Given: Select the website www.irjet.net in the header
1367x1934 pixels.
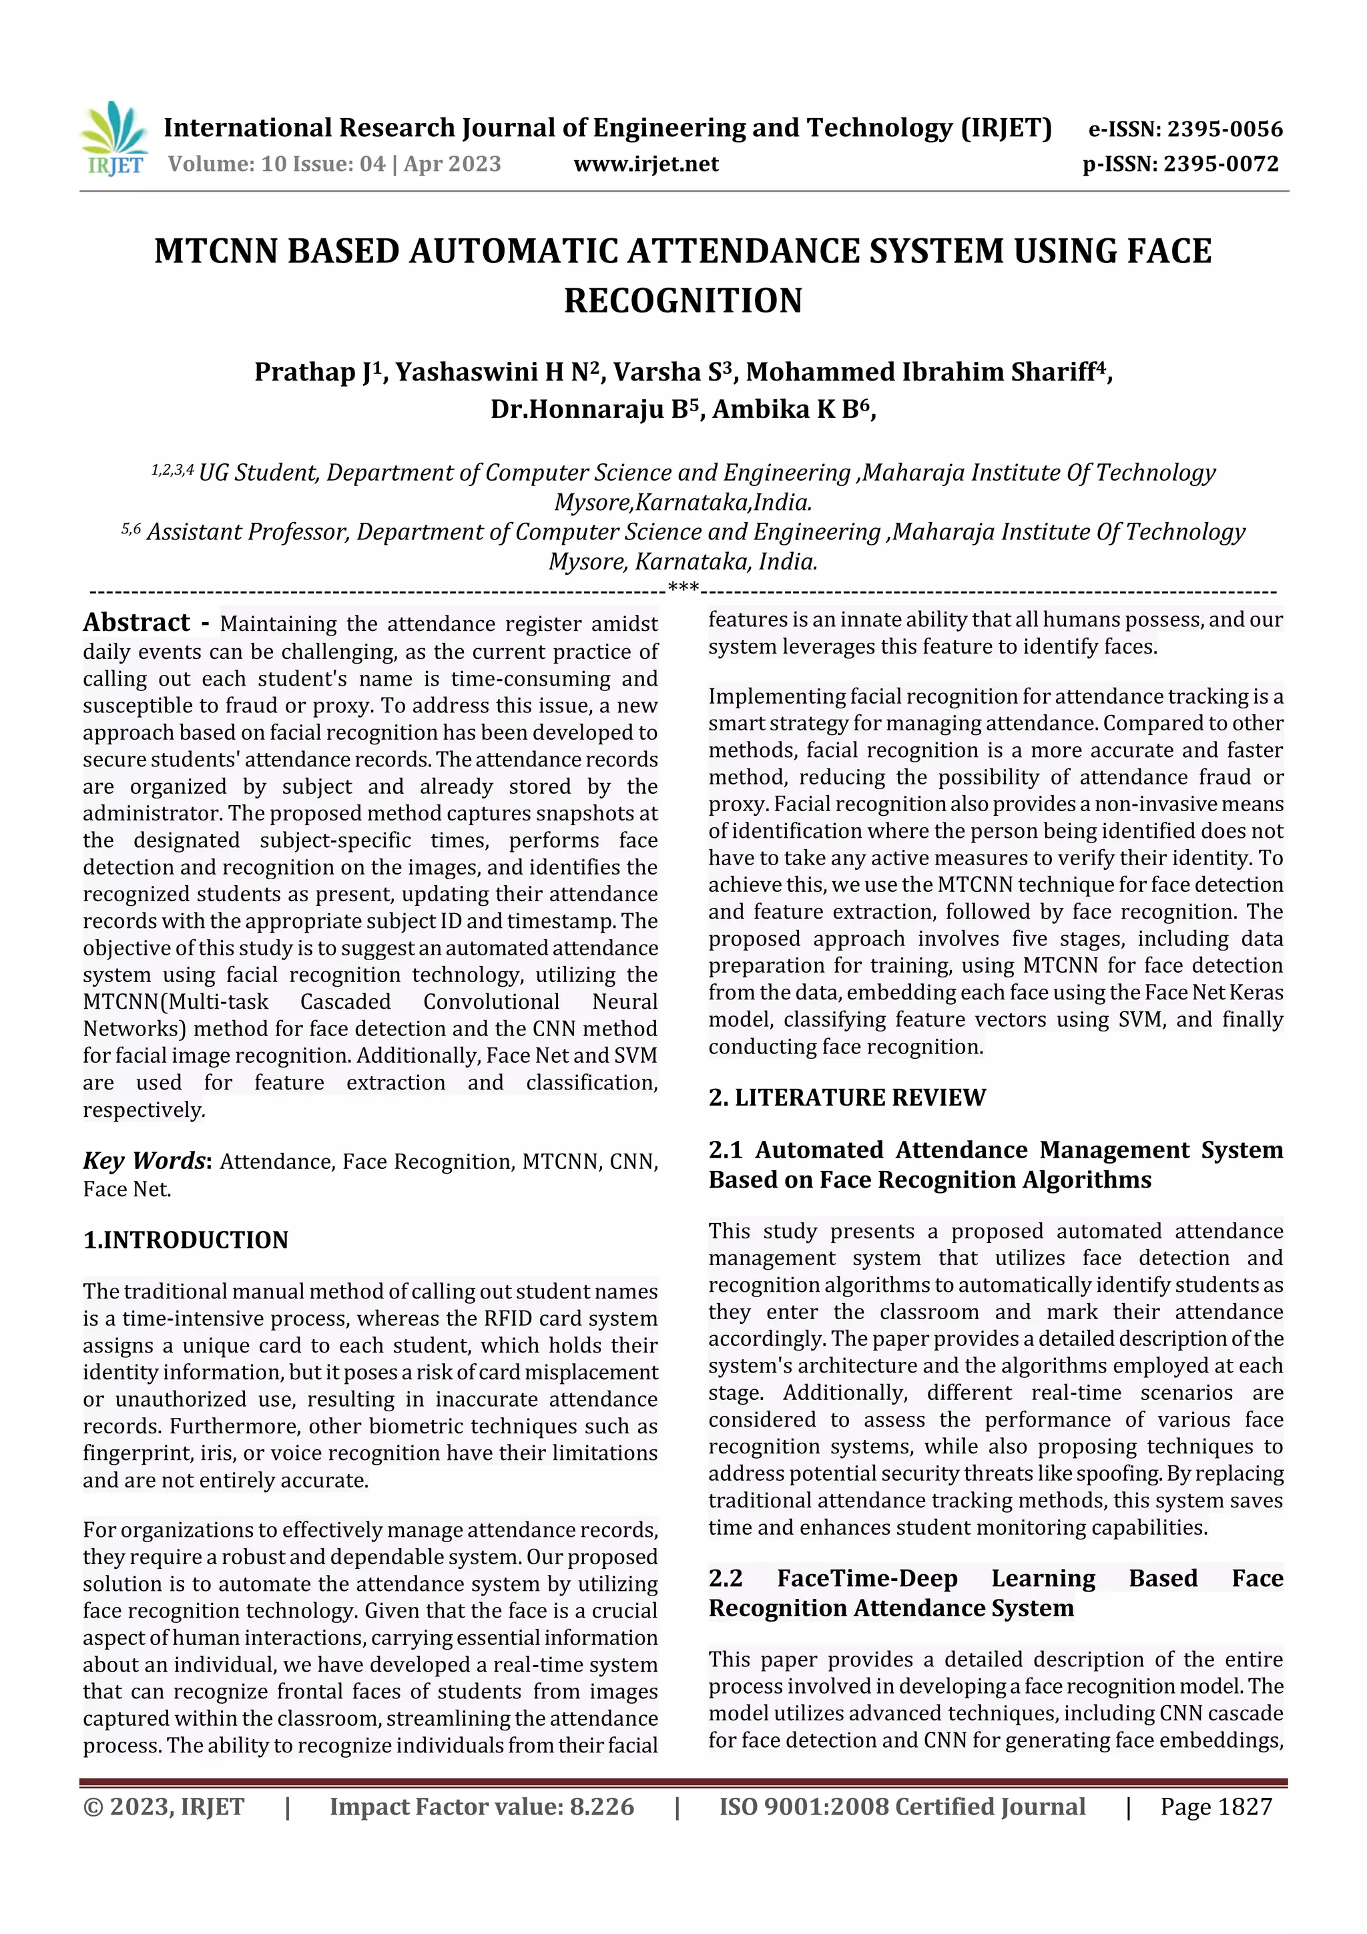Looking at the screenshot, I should tap(646, 164).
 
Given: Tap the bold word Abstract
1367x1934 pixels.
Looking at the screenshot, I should tap(136, 622).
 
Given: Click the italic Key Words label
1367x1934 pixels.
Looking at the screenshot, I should tap(144, 1161).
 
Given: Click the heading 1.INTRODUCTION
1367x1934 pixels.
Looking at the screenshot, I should tap(186, 1240).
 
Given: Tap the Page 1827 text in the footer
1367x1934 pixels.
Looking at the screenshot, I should tap(1215, 1806).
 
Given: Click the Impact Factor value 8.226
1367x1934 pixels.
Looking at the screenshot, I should tap(601, 1806).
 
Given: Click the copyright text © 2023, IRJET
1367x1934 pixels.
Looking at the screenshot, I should tap(164, 1806).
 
